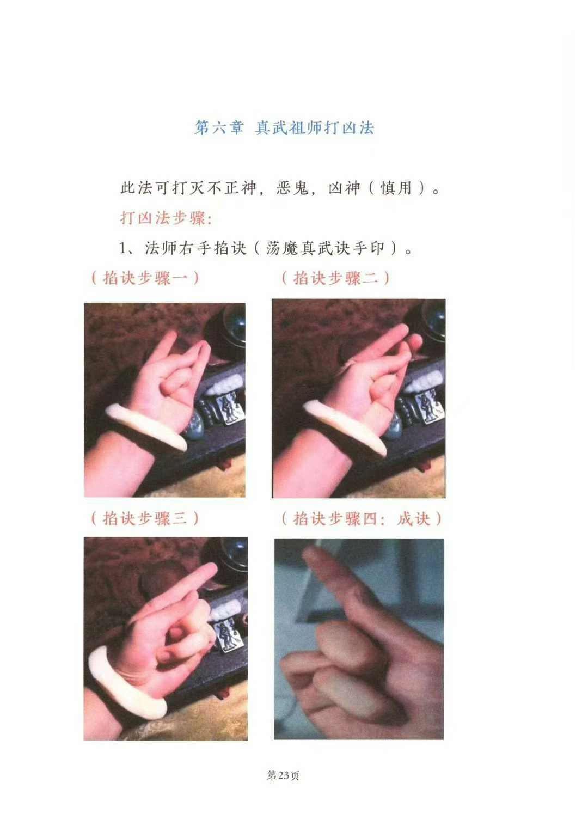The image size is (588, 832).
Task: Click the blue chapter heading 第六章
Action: pos(218,128)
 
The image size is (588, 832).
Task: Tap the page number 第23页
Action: pos(283,775)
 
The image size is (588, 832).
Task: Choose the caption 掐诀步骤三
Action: pos(145,518)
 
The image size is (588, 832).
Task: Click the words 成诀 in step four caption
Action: pos(413,518)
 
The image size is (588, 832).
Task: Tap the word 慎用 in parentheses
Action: pos(396,188)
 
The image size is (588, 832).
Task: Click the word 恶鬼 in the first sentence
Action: pos(293,188)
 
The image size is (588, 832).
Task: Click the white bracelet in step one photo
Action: pos(146,427)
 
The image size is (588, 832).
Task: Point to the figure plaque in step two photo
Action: pos(429,408)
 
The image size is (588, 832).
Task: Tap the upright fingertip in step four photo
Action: pos(311,555)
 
